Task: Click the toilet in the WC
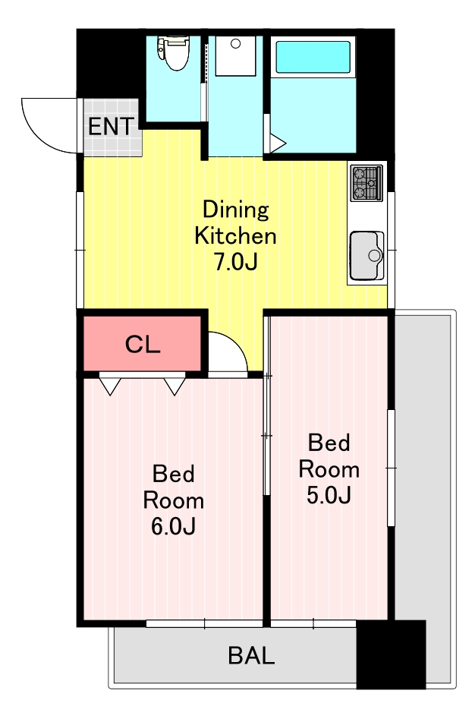point(173,52)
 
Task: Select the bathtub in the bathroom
point(313,56)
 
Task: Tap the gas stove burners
point(366,182)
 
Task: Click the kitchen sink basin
point(366,255)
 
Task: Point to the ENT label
point(112,127)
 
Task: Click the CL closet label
point(143,344)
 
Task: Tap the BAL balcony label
point(251,655)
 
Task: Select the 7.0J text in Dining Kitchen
point(236,261)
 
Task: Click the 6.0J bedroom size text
point(174,526)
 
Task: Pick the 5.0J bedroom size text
point(329,495)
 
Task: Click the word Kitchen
point(235,235)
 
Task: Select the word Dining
point(235,210)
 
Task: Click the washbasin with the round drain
point(235,56)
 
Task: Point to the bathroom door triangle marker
point(277,143)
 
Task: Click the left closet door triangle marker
point(110,386)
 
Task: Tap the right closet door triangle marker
point(175,386)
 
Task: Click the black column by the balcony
point(392,654)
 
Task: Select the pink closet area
point(143,343)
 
